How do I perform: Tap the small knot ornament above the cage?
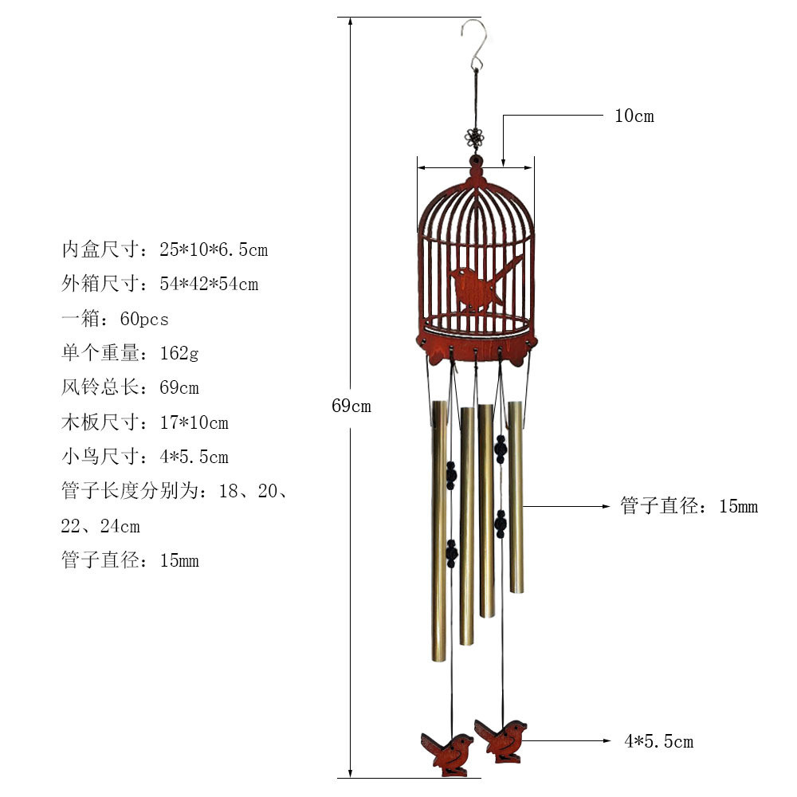point(475,137)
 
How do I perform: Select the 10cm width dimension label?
point(634,116)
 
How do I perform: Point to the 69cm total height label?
point(351,406)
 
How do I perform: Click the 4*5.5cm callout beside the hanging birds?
point(659,741)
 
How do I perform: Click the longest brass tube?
point(439,531)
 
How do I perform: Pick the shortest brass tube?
point(516,497)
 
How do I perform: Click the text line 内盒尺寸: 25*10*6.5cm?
point(165,249)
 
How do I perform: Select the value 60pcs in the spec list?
point(144,320)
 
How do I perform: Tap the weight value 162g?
point(179,353)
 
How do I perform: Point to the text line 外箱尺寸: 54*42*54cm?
point(160,285)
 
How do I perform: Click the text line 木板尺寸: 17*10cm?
point(145,422)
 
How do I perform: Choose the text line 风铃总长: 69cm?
point(130,388)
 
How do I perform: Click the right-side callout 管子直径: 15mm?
point(689,506)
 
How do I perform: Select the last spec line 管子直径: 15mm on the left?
point(130,560)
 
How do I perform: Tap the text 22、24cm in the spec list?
point(100,526)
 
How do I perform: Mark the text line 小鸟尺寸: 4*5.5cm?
point(145,457)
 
